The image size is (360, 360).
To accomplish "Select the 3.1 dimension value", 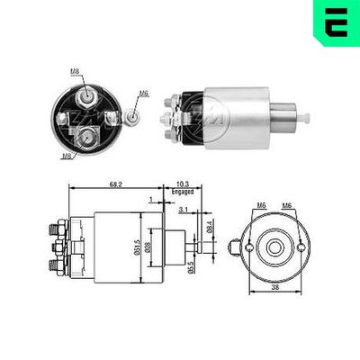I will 182,210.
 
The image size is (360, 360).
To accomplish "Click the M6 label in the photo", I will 143,94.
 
